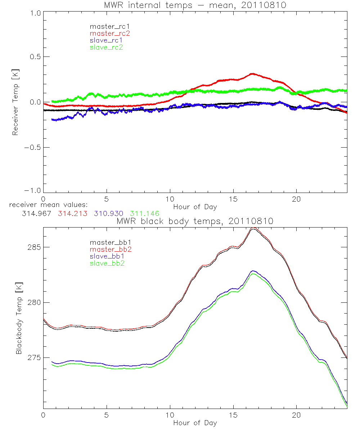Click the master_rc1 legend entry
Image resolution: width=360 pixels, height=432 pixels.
coord(106,26)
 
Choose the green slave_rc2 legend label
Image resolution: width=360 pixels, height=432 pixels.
coord(106,47)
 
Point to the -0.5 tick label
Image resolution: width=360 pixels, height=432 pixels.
coord(32,147)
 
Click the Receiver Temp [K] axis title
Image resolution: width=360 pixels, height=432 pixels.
coord(15,103)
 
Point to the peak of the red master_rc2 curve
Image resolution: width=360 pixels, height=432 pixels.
coord(252,73)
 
